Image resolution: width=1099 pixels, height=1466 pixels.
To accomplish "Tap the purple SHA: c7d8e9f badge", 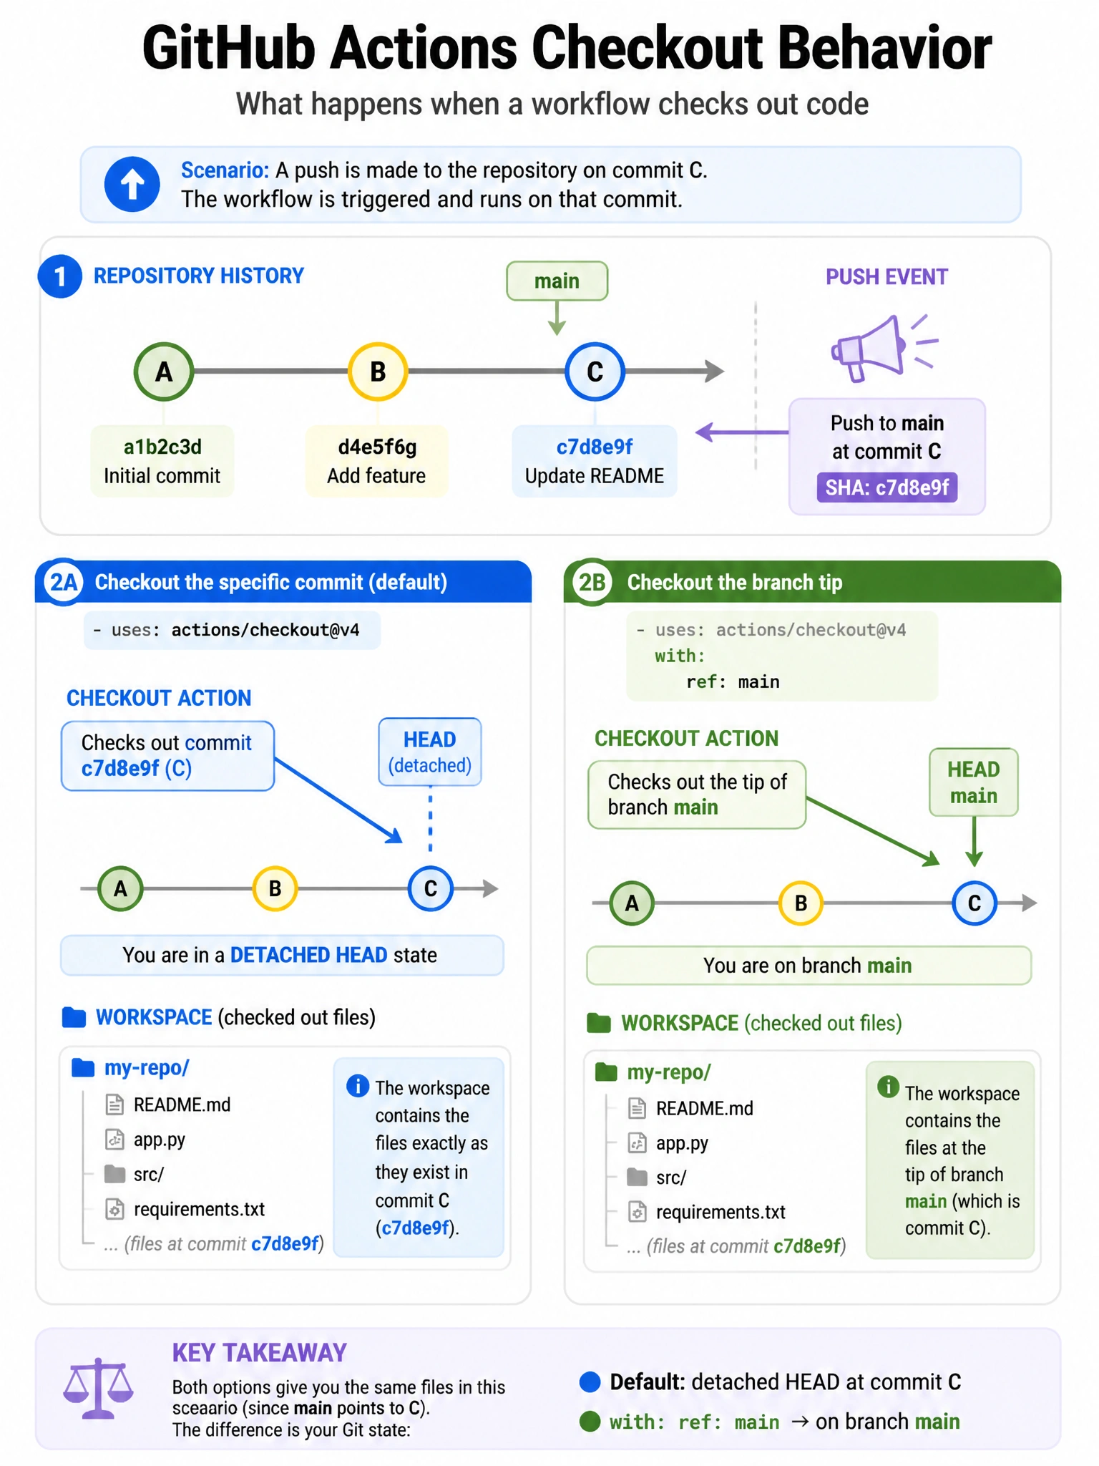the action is click(x=886, y=487).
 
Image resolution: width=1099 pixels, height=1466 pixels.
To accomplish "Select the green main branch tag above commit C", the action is click(x=557, y=281).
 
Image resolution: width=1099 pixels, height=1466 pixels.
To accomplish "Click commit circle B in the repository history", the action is click(x=378, y=372).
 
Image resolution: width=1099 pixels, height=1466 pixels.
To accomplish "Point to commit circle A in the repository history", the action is click(x=164, y=372).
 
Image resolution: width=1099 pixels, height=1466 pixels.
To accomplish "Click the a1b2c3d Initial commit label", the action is click(x=162, y=461).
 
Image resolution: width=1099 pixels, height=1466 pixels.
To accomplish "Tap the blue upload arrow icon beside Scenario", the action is click(x=132, y=184).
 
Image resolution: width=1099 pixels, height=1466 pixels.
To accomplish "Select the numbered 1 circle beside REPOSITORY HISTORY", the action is click(x=60, y=276).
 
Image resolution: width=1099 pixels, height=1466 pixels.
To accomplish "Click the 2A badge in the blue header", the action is click(x=63, y=582).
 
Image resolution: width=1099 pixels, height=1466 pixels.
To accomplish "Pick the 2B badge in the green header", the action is click(x=592, y=582).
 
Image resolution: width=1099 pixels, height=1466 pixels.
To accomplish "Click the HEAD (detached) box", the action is click(x=430, y=752).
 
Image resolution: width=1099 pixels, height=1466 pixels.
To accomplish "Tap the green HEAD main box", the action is click(x=973, y=782).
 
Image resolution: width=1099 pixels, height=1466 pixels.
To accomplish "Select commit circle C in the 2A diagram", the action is click(x=430, y=888).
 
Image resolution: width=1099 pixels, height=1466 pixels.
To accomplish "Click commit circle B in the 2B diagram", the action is click(x=801, y=903).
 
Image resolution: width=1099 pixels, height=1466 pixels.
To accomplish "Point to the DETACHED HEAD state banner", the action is click(x=282, y=955).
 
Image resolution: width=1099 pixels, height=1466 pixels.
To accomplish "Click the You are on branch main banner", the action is click(x=809, y=966).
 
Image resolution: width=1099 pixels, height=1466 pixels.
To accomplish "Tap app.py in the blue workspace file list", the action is click(x=159, y=1139).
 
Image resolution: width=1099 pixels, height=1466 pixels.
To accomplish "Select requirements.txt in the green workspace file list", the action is click(x=721, y=1212).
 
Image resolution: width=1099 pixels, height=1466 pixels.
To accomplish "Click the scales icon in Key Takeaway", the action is click(x=98, y=1388).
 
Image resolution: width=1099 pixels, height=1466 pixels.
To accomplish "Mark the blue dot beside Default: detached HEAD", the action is click(x=590, y=1382).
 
